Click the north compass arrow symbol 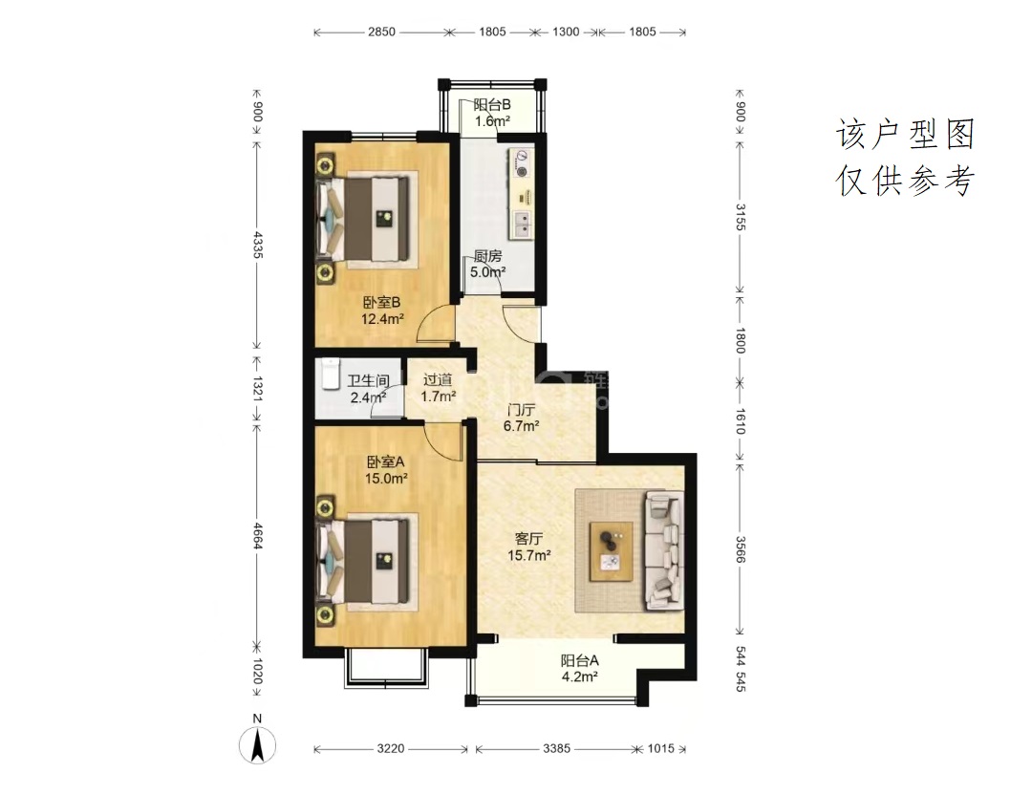[x=257, y=746]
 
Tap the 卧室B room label [x=381, y=303]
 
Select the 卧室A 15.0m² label [x=386, y=470]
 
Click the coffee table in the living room [x=612, y=551]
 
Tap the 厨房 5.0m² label [x=487, y=264]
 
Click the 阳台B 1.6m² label [x=492, y=113]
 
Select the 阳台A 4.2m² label [x=579, y=668]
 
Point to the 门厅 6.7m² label [x=522, y=418]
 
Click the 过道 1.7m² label [x=439, y=388]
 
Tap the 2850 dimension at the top [x=381, y=32]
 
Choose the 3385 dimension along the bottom [x=557, y=748]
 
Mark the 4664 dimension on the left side [x=257, y=536]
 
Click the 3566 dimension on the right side [x=741, y=549]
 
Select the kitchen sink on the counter [x=523, y=224]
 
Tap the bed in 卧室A [x=365, y=561]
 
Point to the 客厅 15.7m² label [x=528, y=547]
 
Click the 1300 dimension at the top [x=566, y=32]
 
